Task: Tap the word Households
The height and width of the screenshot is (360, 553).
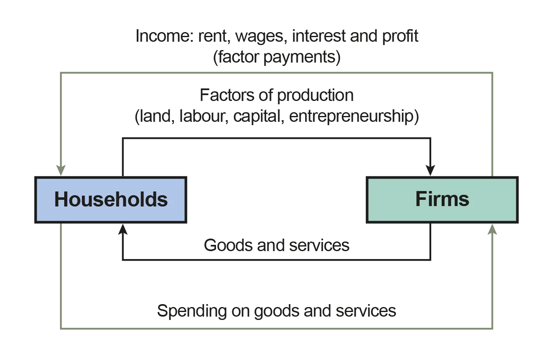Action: pyautogui.click(x=111, y=199)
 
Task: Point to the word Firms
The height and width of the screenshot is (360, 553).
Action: pyautogui.click(x=442, y=199)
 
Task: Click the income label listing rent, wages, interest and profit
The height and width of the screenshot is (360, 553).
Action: pyautogui.click(x=276, y=37)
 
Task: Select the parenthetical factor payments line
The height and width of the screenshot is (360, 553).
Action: pyautogui.click(x=276, y=58)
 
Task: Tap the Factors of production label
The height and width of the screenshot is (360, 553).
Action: pyautogui.click(x=276, y=96)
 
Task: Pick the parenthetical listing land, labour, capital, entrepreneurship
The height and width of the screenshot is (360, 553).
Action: pyautogui.click(x=276, y=117)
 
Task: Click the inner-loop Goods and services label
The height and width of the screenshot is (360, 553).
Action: pyautogui.click(x=276, y=246)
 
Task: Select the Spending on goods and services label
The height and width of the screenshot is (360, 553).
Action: pyautogui.click(x=276, y=311)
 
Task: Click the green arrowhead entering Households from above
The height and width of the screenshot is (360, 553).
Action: pyautogui.click(x=60, y=168)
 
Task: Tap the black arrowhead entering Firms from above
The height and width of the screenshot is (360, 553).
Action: pyautogui.click(x=430, y=168)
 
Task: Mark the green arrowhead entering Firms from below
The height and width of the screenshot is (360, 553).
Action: pyautogui.click(x=492, y=231)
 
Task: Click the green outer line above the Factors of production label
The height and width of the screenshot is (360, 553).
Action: pyautogui.click(x=276, y=73)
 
